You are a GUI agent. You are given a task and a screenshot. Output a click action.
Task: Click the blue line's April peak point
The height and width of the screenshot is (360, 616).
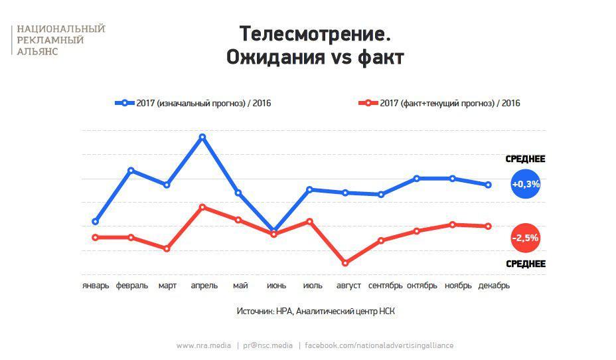[202, 137]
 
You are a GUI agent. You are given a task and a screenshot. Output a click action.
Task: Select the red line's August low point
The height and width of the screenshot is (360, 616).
[345, 263]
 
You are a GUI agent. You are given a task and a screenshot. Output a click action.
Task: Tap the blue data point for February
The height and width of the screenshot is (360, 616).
[131, 171]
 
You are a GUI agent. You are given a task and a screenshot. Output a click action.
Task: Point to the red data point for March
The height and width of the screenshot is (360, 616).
[167, 248]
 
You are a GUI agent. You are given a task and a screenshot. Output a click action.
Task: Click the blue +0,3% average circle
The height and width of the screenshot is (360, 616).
[525, 184]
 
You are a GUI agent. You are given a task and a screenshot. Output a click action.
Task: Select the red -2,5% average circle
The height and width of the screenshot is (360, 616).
[525, 238]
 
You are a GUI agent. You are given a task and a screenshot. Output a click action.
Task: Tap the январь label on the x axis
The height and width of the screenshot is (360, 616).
[96, 286]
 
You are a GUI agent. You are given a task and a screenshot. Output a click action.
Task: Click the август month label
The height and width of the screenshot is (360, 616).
[348, 286]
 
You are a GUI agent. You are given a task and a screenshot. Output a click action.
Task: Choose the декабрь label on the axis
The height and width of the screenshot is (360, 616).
[494, 286]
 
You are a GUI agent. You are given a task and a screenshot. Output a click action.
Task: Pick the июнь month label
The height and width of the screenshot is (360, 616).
[276, 286]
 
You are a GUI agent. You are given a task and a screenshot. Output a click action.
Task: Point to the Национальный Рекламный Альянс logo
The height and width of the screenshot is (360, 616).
[60, 40]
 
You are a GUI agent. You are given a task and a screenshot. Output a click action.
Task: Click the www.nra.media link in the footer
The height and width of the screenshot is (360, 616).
[204, 345]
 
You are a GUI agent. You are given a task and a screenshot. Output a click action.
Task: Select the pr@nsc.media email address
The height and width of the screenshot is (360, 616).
[268, 345]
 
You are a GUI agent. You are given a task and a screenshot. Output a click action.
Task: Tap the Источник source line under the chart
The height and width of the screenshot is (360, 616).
[315, 311]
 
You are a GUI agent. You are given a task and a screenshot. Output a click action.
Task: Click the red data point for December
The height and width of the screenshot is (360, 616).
[489, 226]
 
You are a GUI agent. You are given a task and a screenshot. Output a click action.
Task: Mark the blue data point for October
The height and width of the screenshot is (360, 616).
[417, 178]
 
